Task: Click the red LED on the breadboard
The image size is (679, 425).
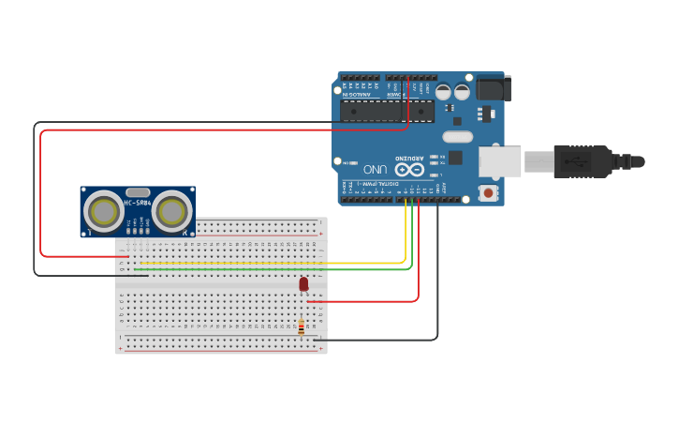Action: [303, 283]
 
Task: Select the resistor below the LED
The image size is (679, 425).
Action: [301, 327]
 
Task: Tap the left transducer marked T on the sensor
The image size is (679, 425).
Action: [103, 212]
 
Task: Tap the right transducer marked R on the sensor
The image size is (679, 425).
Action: [172, 212]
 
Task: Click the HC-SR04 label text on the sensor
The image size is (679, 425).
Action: [138, 203]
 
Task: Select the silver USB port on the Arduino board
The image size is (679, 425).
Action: [500, 161]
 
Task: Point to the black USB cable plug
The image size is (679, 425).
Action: [582, 161]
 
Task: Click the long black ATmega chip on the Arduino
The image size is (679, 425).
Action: [386, 112]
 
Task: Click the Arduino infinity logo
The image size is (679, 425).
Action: [409, 170]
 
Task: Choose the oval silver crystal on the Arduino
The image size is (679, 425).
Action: [457, 136]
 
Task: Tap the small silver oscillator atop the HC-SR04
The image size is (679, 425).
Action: [138, 191]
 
